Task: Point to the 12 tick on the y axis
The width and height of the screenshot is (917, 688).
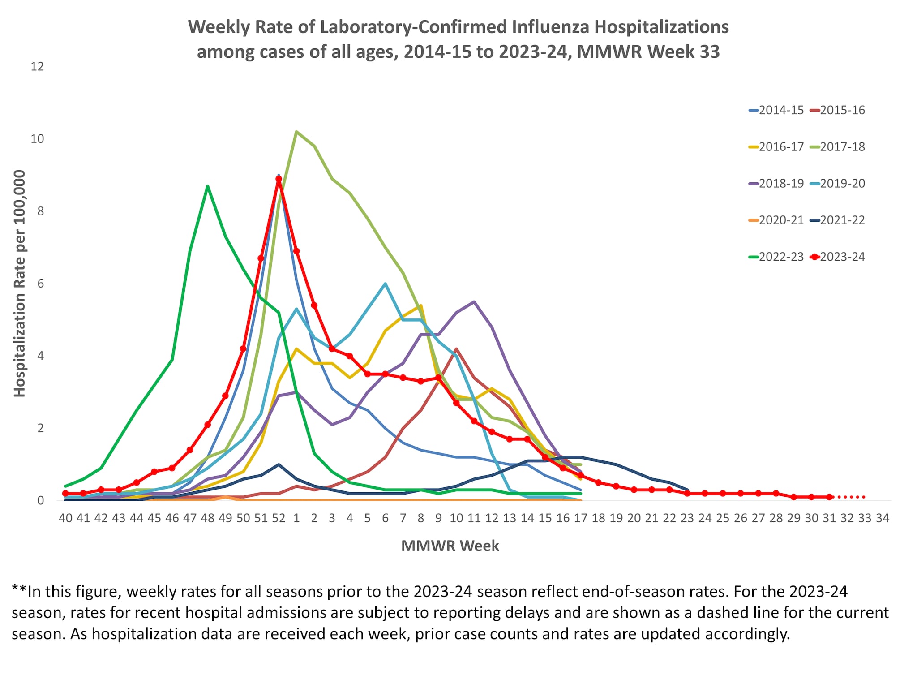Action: click(37, 67)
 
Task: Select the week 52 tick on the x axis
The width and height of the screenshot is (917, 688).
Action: click(279, 518)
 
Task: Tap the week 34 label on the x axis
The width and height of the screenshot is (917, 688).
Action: click(882, 518)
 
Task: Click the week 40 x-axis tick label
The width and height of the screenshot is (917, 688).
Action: click(66, 518)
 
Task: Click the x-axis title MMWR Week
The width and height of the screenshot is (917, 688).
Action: click(450, 546)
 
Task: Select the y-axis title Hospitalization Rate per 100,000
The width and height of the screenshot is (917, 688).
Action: click(20, 284)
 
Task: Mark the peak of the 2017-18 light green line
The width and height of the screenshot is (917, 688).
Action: click(296, 132)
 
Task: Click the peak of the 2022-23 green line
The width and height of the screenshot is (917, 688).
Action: click(208, 186)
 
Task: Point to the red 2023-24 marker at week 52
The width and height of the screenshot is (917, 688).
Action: click(279, 179)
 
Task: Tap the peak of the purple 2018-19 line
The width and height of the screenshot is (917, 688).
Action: click(474, 301)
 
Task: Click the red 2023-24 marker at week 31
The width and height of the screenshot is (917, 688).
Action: click(829, 497)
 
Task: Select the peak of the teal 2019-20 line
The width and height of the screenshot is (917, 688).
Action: click(385, 284)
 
